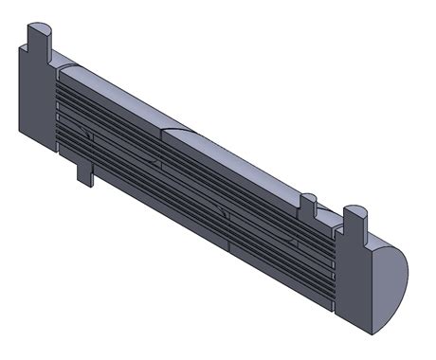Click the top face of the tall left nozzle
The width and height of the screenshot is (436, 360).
(38, 23)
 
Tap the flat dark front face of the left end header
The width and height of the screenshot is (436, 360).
(37, 104)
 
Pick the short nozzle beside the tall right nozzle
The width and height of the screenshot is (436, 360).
(308, 205)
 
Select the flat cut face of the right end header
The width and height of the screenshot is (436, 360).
(354, 284)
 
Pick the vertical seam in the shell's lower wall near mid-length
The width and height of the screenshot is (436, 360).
(229, 248)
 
